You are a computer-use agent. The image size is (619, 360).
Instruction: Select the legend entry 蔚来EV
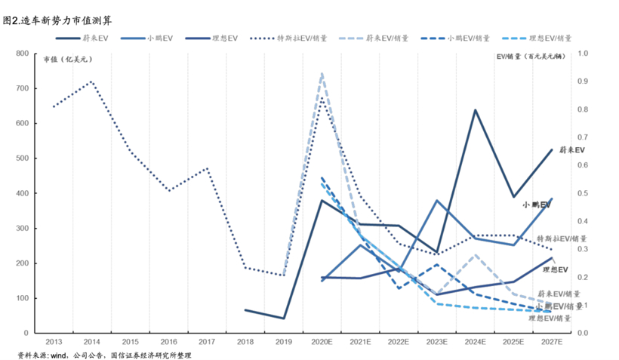97,38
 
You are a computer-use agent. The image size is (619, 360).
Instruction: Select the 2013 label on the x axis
53,343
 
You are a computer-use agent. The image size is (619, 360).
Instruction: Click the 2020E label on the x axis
322,343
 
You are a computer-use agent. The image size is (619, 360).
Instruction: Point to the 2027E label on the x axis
552,343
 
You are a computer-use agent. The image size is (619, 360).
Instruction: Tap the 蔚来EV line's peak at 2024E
476,110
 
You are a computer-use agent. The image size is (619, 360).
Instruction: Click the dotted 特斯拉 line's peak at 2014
91,82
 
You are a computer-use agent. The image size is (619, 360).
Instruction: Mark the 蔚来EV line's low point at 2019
283,318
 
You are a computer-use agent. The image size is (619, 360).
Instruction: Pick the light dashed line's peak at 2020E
322,73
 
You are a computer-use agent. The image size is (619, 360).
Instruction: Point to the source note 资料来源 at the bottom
106,355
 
